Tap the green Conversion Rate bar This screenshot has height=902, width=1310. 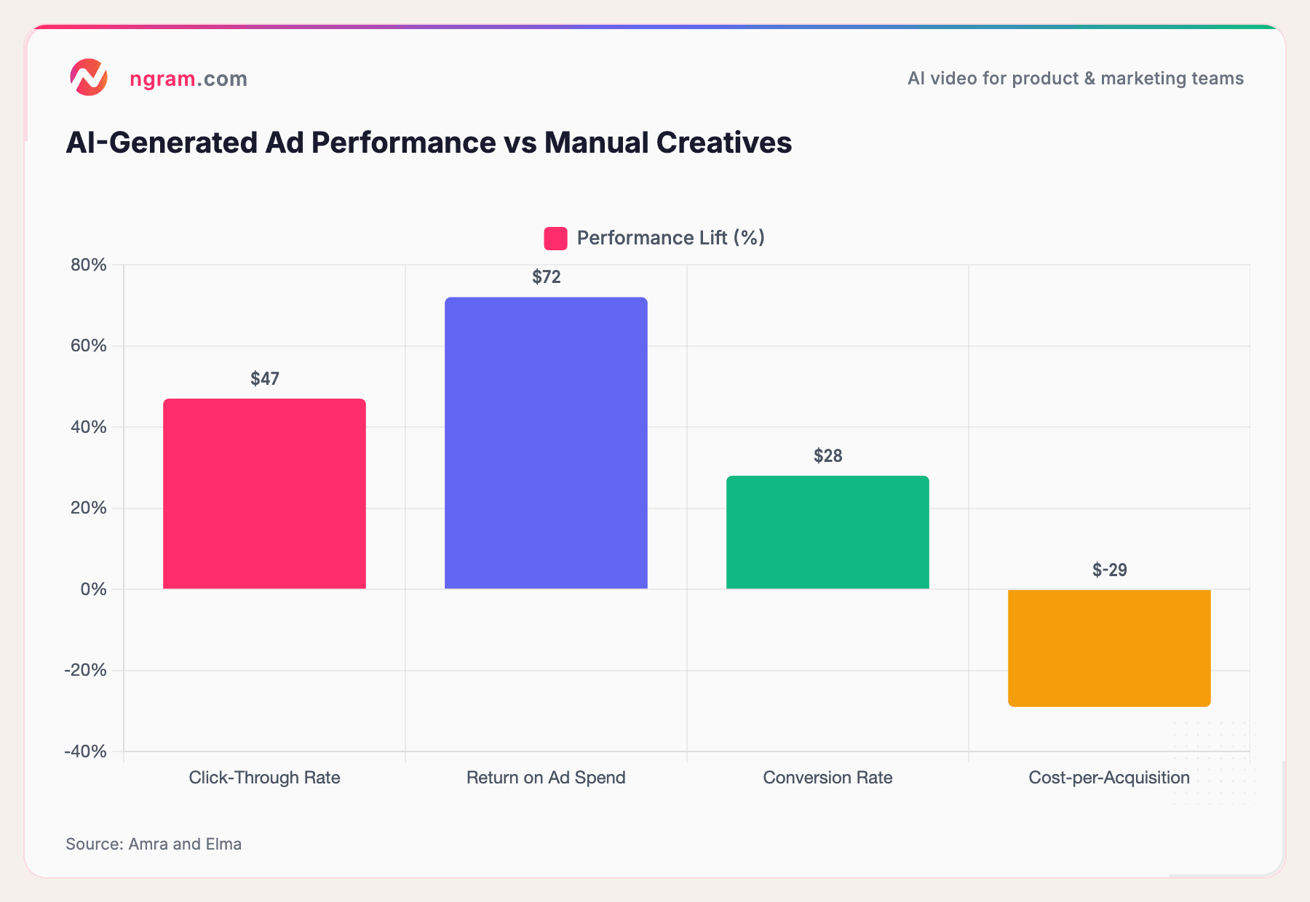coord(827,532)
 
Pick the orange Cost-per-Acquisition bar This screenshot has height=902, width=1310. coord(1109,647)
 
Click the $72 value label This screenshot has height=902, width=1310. coord(546,277)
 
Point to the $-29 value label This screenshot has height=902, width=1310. coord(1109,570)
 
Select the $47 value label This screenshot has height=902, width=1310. coord(264,379)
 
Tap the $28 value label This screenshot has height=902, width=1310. coord(827,456)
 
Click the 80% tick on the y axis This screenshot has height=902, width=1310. coord(89,265)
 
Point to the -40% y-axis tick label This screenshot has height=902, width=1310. coord(86,751)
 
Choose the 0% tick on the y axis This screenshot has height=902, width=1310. coord(93,589)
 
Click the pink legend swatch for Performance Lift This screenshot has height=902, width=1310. coord(555,239)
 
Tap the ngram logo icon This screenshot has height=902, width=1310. coord(89,78)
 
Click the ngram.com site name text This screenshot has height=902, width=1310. coord(188,79)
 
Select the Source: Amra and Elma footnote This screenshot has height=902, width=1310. coord(154,844)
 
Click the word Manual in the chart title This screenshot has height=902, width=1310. coord(595,143)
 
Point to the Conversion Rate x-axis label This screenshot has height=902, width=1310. coord(827,778)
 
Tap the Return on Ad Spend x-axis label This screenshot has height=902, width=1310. coord(546,778)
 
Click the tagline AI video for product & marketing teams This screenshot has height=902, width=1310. coord(1075,79)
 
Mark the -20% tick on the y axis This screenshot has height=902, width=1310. coord(86,670)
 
